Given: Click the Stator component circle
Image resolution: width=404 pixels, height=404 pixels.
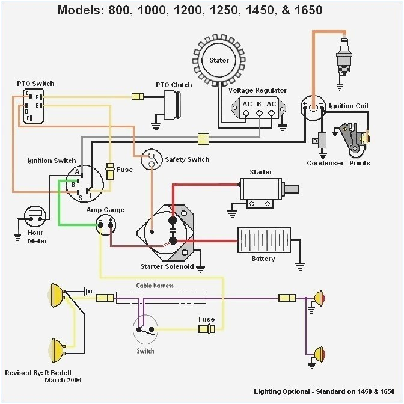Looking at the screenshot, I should (219, 60).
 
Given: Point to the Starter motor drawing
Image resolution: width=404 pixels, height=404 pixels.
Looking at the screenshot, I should (265, 189).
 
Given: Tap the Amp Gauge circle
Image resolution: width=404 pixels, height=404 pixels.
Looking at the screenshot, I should (105, 225).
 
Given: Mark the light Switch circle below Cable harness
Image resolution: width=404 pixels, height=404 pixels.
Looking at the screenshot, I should (145, 329).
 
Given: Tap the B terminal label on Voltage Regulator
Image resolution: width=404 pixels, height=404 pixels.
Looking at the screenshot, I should (259, 104).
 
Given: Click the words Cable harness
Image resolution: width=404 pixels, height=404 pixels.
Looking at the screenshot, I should (155, 286).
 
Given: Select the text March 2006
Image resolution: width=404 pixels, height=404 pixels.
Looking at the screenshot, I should (63, 380).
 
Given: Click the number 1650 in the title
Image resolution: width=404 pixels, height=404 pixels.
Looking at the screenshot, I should (305, 10).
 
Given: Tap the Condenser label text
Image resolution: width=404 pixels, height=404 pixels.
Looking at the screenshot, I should (325, 163).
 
